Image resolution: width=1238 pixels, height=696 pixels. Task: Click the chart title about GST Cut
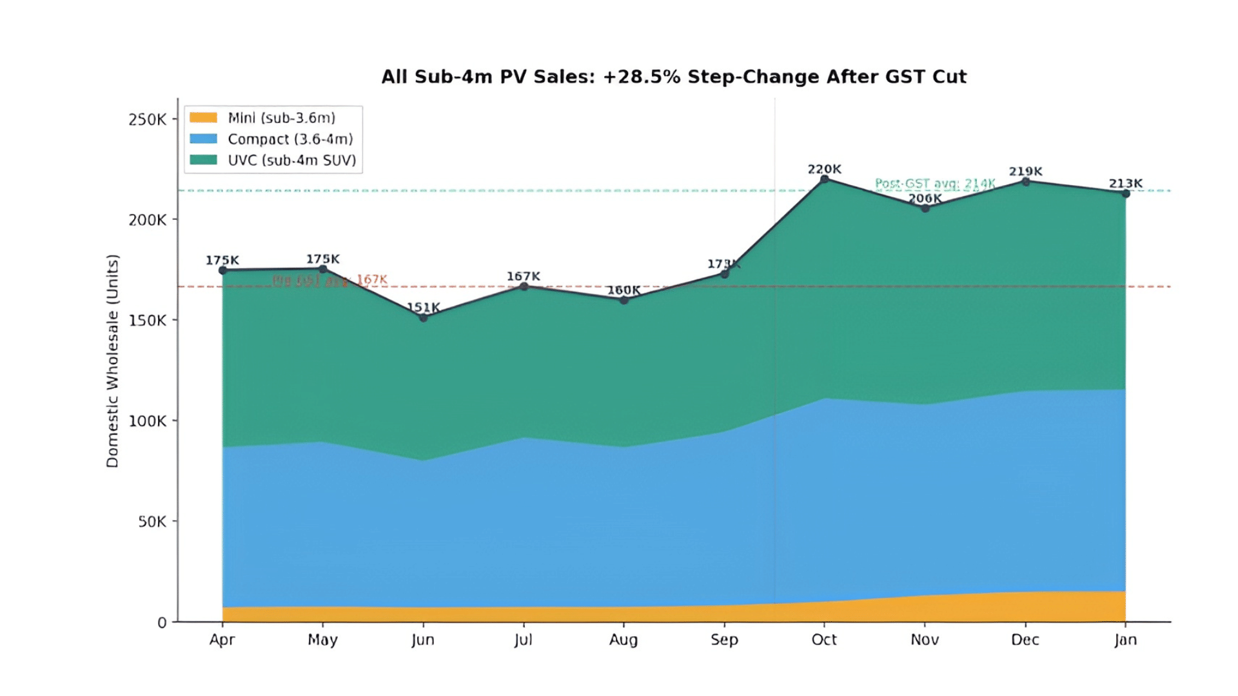point(674,77)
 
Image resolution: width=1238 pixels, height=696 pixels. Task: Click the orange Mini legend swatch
point(203,117)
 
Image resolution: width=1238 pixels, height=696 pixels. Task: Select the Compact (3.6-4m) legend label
point(290,139)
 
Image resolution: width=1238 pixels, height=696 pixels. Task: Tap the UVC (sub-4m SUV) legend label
point(291,160)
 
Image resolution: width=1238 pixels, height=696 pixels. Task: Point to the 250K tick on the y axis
point(148,120)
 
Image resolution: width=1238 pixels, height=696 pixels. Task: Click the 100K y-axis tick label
point(148,421)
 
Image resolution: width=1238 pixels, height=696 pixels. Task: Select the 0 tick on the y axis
point(162,623)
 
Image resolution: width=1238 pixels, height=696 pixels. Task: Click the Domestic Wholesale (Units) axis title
point(113,361)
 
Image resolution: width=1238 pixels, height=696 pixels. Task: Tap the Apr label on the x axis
point(222,640)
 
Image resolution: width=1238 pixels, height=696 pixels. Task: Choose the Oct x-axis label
point(824,640)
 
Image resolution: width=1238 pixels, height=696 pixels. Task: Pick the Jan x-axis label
point(1125,640)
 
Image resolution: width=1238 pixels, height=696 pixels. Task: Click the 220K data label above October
point(824,169)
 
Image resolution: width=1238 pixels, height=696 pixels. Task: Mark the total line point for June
point(423,318)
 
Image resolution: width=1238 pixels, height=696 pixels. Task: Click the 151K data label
point(423,307)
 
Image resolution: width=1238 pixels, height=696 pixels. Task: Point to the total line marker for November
point(925,208)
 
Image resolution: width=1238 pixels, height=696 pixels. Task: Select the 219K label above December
point(1025,171)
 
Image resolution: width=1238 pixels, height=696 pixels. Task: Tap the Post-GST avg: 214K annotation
point(935,184)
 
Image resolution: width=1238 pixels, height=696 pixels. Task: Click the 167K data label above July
point(523,276)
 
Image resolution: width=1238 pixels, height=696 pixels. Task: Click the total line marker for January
point(1125,193)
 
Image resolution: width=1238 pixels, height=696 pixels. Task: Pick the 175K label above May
point(322,259)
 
